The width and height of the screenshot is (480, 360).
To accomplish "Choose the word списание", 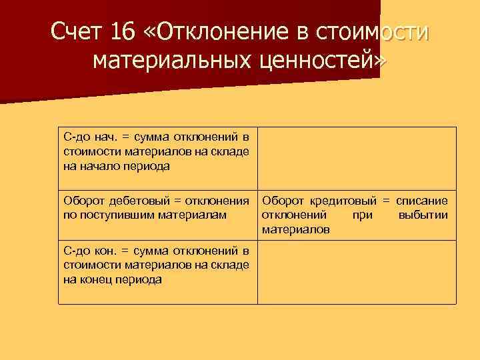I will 422,200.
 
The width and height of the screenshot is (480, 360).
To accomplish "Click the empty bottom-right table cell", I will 357,271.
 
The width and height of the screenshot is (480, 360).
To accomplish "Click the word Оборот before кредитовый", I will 282,200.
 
